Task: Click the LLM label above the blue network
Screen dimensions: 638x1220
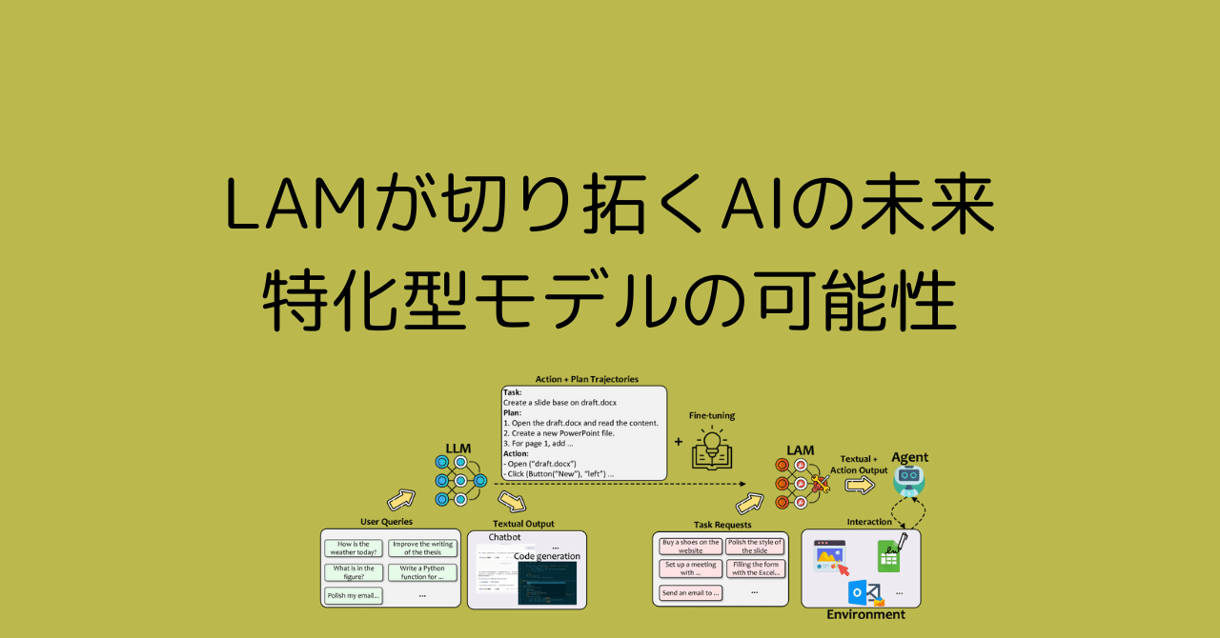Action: [x=458, y=448]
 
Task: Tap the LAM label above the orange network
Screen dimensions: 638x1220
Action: [x=800, y=449]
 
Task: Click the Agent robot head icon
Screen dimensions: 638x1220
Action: [x=909, y=479]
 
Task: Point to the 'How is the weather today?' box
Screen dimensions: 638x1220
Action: [x=353, y=548]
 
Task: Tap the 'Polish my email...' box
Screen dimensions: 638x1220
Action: [x=353, y=596]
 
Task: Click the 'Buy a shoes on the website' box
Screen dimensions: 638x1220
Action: [x=690, y=546]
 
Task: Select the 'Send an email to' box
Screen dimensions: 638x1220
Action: [x=690, y=592]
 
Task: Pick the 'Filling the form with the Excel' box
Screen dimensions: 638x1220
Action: [x=756, y=568]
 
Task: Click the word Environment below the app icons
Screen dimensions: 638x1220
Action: [x=865, y=615]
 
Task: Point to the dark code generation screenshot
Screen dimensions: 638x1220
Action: [x=547, y=583]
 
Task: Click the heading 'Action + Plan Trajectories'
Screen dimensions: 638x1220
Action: [x=585, y=379]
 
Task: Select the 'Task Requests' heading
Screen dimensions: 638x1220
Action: [x=722, y=525]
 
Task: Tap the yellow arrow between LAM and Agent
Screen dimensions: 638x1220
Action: [x=860, y=486]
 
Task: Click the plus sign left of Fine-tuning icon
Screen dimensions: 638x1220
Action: [x=679, y=442]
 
